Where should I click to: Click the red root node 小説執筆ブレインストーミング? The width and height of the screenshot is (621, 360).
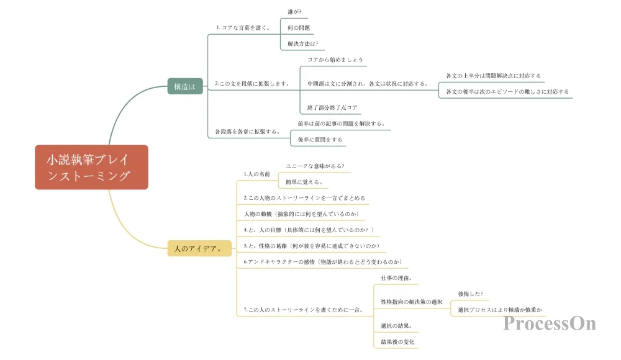(x=91, y=167)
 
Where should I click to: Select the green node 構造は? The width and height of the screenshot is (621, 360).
(x=185, y=86)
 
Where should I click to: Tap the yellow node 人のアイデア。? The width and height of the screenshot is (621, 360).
(x=199, y=248)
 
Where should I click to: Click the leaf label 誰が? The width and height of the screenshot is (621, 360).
(x=294, y=12)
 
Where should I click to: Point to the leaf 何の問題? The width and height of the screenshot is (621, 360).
(x=299, y=28)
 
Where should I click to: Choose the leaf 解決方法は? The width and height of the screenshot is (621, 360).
(x=302, y=43)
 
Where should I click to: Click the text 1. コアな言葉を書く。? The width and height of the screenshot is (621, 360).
(x=243, y=28)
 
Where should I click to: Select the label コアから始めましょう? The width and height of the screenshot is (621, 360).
(x=335, y=60)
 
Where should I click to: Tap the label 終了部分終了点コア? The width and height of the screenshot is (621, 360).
(x=332, y=108)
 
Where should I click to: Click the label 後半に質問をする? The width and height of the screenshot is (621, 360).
(x=320, y=140)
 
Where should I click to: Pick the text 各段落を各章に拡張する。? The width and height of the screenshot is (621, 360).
(x=248, y=132)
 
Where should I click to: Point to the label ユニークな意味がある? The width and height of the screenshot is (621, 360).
(x=315, y=166)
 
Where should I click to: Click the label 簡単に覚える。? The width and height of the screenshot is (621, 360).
(x=304, y=182)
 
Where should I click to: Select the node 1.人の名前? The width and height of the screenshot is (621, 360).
(x=256, y=174)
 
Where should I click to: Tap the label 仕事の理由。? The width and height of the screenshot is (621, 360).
(x=396, y=278)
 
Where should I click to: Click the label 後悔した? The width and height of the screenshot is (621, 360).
(x=471, y=294)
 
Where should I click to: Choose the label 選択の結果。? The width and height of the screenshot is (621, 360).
(x=396, y=326)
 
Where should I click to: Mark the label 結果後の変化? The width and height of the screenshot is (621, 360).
(x=397, y=342)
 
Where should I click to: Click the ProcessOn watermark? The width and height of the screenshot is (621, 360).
(x=550, y=323)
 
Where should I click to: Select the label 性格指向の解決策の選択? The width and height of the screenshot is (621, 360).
(x=412, y=302)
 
